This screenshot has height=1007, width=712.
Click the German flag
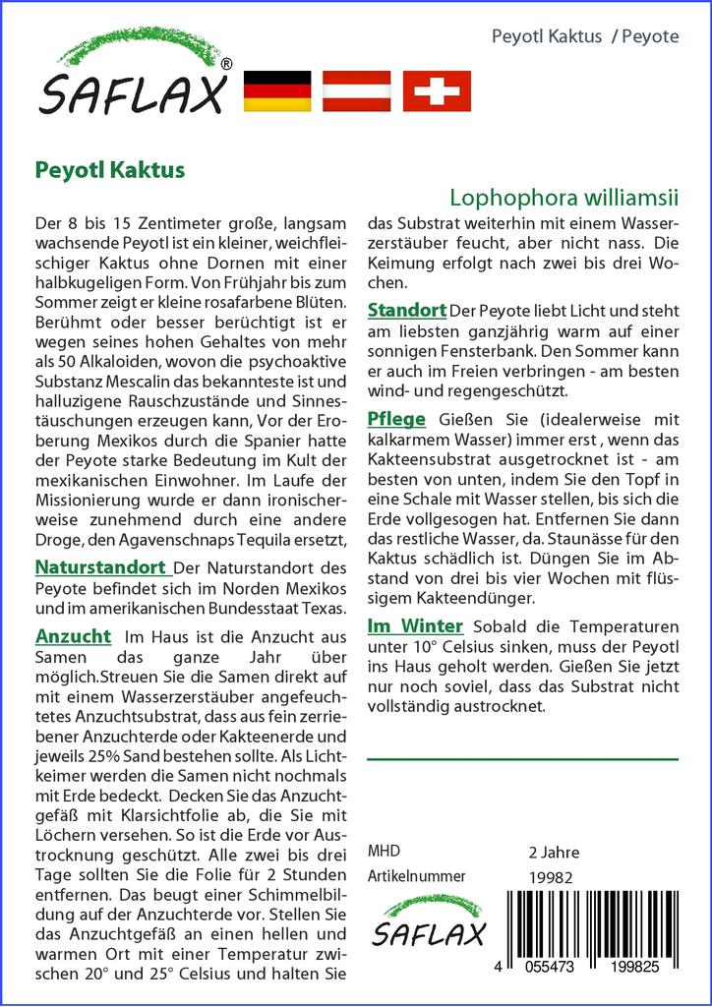coord(276,91)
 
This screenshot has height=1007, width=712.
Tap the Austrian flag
coord(357,91)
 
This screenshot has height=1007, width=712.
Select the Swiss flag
coord(437,91)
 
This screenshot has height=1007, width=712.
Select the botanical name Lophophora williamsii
coord(564,197)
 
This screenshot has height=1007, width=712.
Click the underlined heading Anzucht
coord(73,636)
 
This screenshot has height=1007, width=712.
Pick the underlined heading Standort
coord(407,310)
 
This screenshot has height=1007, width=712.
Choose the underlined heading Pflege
coord(396,419)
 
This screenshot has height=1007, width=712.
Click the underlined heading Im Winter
coord(415,625)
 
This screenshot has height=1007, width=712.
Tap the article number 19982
coord(551,877)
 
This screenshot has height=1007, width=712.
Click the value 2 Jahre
coord(554,852)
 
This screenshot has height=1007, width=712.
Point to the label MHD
coord(384,852)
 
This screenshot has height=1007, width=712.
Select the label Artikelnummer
coord(416,876)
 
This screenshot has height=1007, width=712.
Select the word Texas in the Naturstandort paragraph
coord(326,609)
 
